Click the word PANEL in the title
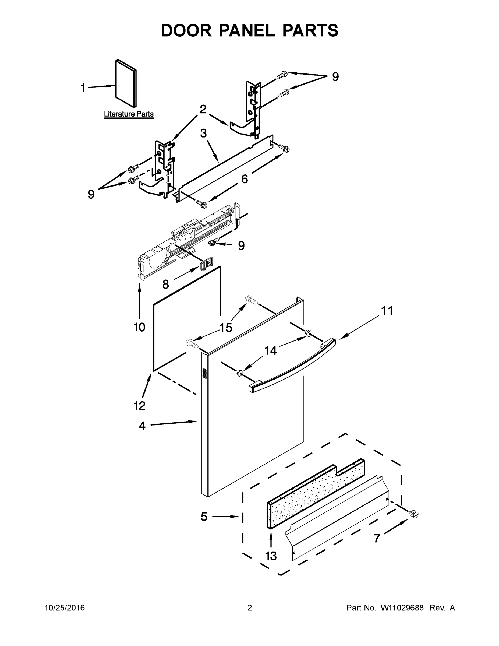[x=247, y=30]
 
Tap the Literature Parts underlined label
[x=129, y=114]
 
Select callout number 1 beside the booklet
[x=83, y=88]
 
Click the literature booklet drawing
[x=126, y=83]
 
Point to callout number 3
[x=203, y=134]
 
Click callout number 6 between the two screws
[x=245, y=179]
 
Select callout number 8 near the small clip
[x=165, y=285]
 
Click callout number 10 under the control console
[x=139, y=327]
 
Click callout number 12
[x=139, y=406]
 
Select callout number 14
[x=270, y=350]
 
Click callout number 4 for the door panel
[x=142, y=426]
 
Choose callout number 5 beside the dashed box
[x=204, y=517]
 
